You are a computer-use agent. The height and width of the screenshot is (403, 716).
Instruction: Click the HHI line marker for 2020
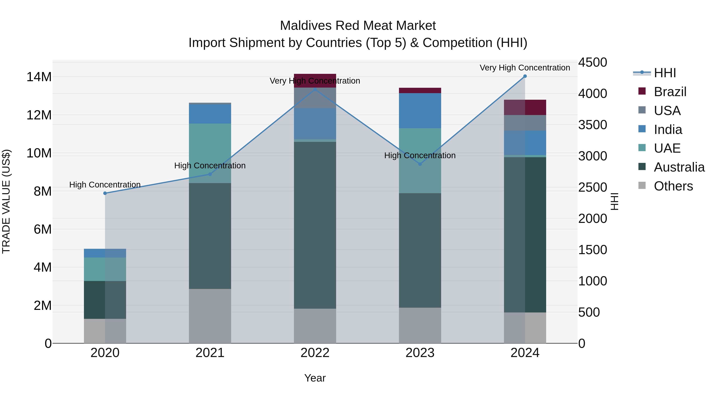105,193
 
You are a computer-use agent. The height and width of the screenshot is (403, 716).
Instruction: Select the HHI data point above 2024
525,76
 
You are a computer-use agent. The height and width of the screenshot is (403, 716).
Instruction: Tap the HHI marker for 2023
420,164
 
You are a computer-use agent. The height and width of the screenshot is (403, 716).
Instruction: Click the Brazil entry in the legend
670,92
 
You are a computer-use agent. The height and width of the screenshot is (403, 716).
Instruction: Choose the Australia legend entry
679,167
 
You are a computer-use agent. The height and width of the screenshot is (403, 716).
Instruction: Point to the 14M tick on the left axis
39,77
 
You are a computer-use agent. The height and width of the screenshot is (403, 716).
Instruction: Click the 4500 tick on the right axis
593,62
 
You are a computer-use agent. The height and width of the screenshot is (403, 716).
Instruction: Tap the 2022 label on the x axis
315,353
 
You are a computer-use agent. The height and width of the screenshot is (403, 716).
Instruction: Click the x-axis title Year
315,378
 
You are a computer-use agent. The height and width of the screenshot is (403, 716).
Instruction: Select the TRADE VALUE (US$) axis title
6,201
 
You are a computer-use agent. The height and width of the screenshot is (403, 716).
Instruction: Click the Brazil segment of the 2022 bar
315,80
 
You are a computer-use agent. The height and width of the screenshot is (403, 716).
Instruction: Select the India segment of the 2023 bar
420,110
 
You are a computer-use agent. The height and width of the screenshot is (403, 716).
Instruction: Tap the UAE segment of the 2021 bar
210,153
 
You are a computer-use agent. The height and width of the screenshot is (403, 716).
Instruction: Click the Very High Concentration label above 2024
525,68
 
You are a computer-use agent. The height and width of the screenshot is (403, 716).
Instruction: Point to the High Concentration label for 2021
210,166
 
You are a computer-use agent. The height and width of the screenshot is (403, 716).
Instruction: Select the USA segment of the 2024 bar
525,123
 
